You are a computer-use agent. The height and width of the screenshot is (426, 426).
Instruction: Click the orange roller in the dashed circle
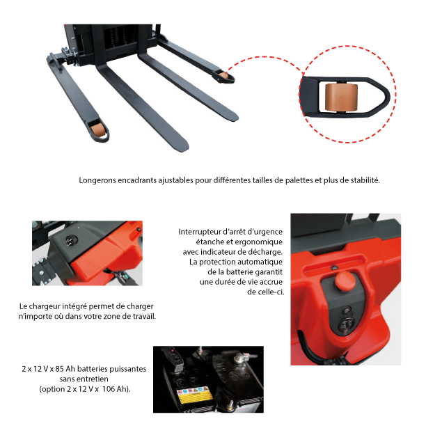click(341, 97)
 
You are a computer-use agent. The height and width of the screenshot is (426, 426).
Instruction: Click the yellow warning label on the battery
click(194, 396)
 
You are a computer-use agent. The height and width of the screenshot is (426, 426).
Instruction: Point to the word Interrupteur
click(199, 232)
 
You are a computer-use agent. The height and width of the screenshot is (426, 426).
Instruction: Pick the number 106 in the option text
click(109, 389)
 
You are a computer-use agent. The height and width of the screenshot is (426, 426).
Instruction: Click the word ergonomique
click(258, 242)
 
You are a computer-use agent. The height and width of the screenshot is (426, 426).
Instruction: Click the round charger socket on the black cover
click(70, 240)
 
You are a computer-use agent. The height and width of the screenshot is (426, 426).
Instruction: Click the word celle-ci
click(265, 292)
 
